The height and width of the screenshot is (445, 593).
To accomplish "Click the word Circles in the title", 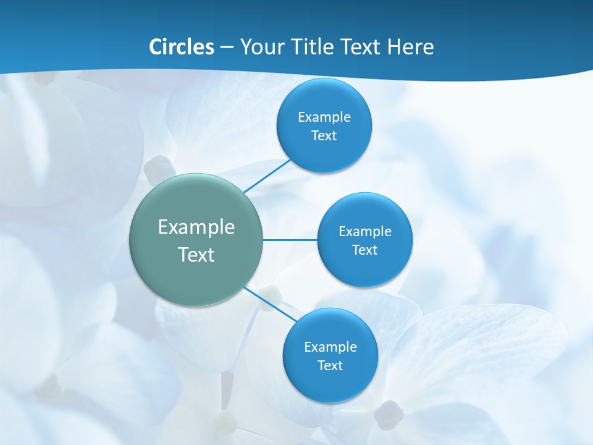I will pos(181,47).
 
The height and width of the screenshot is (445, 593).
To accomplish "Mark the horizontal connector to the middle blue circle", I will pos(290,240).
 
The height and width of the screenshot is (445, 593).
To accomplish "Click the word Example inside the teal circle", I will pos(196,227).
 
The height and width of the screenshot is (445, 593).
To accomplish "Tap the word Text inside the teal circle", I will pos(196,255).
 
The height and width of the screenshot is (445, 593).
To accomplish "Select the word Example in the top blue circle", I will pos(324,117).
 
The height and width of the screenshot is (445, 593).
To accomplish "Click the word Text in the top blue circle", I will pos(324,136).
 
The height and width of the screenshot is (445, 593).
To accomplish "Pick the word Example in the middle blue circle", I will pos(364,232).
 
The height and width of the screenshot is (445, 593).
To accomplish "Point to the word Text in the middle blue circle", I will pos(364,250).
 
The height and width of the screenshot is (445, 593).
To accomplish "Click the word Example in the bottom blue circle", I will pos(330,347).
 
